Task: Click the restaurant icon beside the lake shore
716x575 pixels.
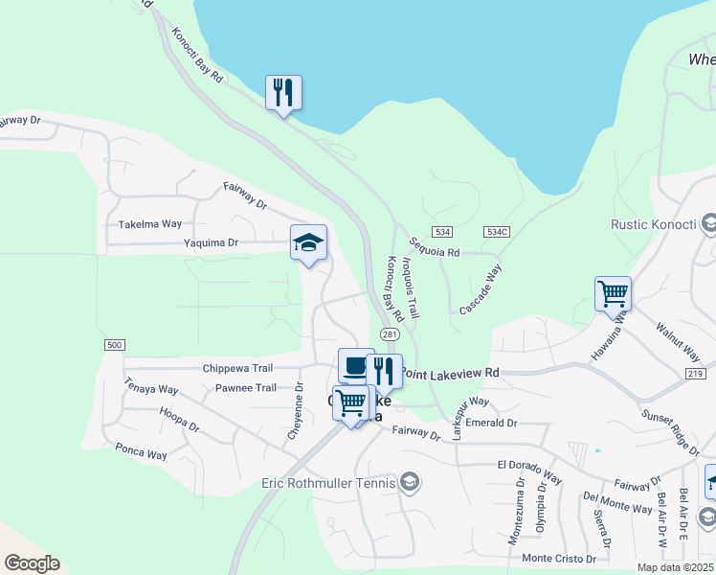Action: (x=283, y=93)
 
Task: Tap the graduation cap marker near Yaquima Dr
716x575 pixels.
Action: (x=309, y=242)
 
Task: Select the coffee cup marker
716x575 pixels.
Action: (x=355, y=365)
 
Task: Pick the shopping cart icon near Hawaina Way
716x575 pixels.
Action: (x=613, y=293)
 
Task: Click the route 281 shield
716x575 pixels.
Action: (x=389, y=334)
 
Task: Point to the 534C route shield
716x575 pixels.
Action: (x=496, y=232)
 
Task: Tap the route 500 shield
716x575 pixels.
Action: (x=115, y=345)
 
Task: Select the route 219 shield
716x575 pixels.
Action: (x=696, y=373)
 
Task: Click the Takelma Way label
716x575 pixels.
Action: (x=150, y=224)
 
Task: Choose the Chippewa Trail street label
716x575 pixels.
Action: (x=238, y=368)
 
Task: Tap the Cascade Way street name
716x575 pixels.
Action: (x=481, y=289)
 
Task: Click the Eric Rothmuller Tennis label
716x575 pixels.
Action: (x=328, y=483)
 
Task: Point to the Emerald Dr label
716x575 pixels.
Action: (x=492, y=423)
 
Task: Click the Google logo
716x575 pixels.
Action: (x=32, y=563)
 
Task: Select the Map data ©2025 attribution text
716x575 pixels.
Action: (x=675, y=567)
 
